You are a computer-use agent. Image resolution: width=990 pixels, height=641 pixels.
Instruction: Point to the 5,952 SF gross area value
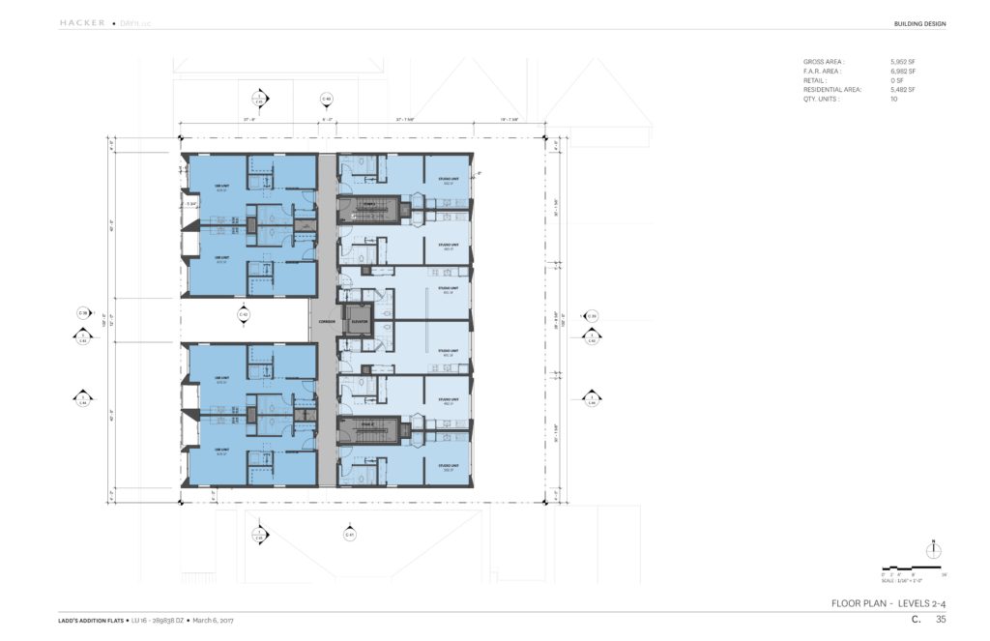903,61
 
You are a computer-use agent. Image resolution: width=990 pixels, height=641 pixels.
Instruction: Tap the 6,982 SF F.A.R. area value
903,71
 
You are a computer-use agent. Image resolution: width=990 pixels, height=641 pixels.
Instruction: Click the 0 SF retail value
896,79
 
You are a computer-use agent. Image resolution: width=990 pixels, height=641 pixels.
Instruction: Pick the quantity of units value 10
893,99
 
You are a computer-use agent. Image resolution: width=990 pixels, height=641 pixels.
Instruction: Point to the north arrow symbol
933,549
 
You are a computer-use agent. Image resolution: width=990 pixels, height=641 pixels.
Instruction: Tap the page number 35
941,620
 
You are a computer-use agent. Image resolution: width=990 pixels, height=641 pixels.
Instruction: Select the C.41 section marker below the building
349,534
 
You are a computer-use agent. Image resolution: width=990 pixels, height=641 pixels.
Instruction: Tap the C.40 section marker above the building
327,99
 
